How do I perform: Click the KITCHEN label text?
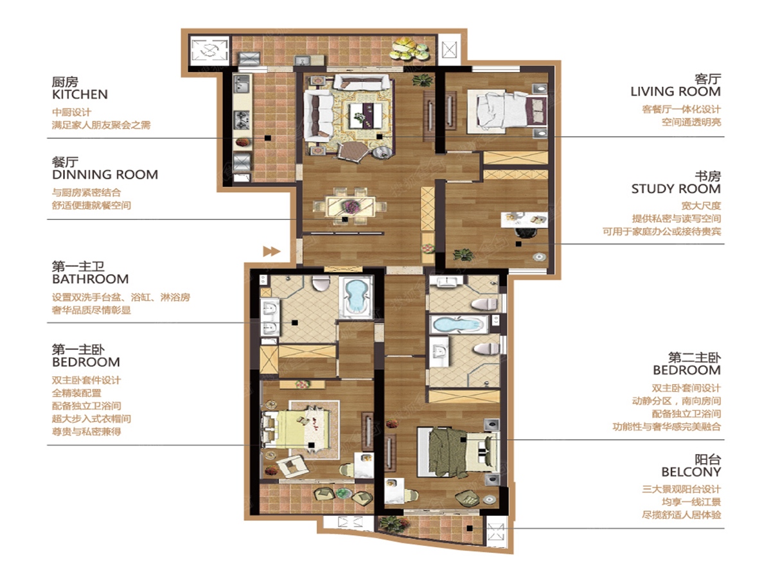pyautogui.click(x=80, y=94)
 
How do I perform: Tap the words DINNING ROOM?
pyautogui.click(x=105, y=175)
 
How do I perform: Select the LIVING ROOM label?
pyautogui.click(x=675, y=92)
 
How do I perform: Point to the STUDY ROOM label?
pyautogui.click(x=676, y=189)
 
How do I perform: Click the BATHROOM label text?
pyautogui.click(x=91, y=279)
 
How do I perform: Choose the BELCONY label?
pyautogui.click(x=691, y=472)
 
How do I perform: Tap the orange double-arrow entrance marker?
pyautogui.click(x=272, y=251)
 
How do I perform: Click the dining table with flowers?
pyautogui.click(x=350, y=206)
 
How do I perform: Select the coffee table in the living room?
pyautogui.click(x=366, y=116)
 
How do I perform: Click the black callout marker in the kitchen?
pyautogui.click(x=268, y=138)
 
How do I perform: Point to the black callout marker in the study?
pyautogui.click(x=518, y=244)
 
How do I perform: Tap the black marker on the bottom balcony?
pyautogui.click(x=470, y=528)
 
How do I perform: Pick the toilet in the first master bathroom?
pyautogui.click(x=321, y=283)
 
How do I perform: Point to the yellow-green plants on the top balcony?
pyautogui.click(x=410, y=49)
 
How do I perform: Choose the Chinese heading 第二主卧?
pyautogui.click(x=694, y=358)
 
